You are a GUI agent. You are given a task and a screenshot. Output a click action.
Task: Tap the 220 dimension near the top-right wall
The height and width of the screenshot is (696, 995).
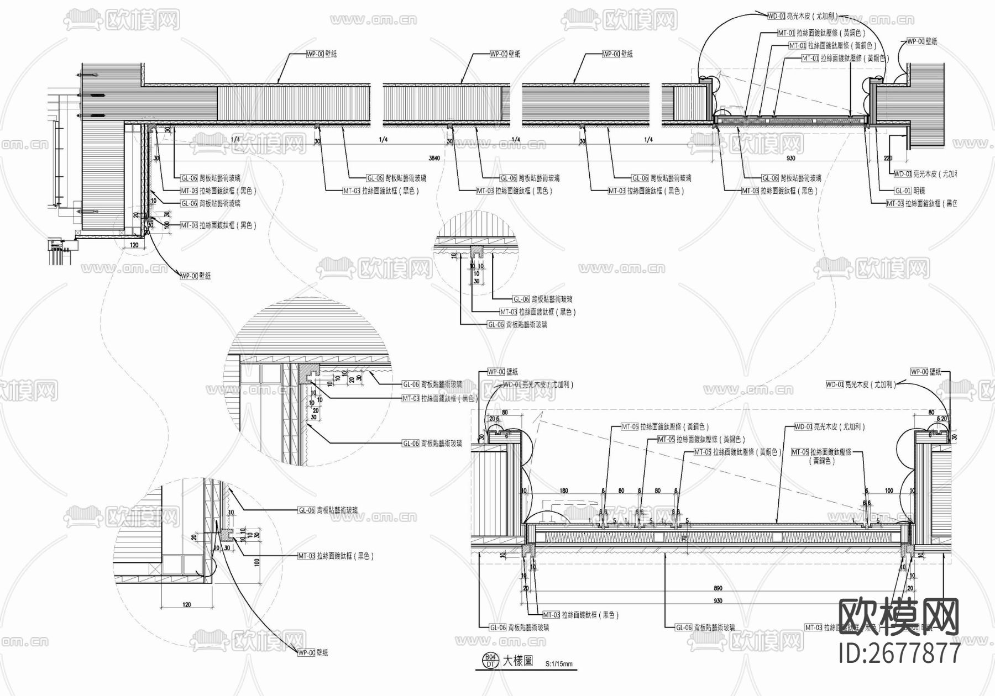[x=888, y=159]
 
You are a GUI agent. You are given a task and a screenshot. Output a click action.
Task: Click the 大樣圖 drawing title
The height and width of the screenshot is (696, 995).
[x=517, y=661]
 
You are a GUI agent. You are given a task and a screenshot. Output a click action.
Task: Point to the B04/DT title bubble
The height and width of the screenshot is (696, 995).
[x=490, y=661]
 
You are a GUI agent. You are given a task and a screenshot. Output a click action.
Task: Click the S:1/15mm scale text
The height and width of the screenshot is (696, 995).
[x=559, y=664]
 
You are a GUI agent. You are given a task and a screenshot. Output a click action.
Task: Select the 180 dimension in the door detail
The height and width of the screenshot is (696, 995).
[x=564, y=491]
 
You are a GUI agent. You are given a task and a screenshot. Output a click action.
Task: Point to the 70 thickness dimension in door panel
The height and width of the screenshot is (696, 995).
[x=684, y=537]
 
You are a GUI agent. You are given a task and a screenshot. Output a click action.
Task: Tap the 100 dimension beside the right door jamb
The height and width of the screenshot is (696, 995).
[x=889, y=491]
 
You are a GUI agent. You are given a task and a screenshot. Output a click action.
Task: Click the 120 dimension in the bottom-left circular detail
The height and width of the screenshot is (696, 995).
[x=186, y=604]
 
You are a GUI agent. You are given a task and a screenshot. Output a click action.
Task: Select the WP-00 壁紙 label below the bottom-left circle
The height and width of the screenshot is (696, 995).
[x=313, y=653]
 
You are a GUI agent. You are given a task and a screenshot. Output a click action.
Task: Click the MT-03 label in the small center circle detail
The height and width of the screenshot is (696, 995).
[x=537, y=312]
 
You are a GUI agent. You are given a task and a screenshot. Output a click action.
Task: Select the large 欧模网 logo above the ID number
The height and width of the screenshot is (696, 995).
[x=900, y=616]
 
